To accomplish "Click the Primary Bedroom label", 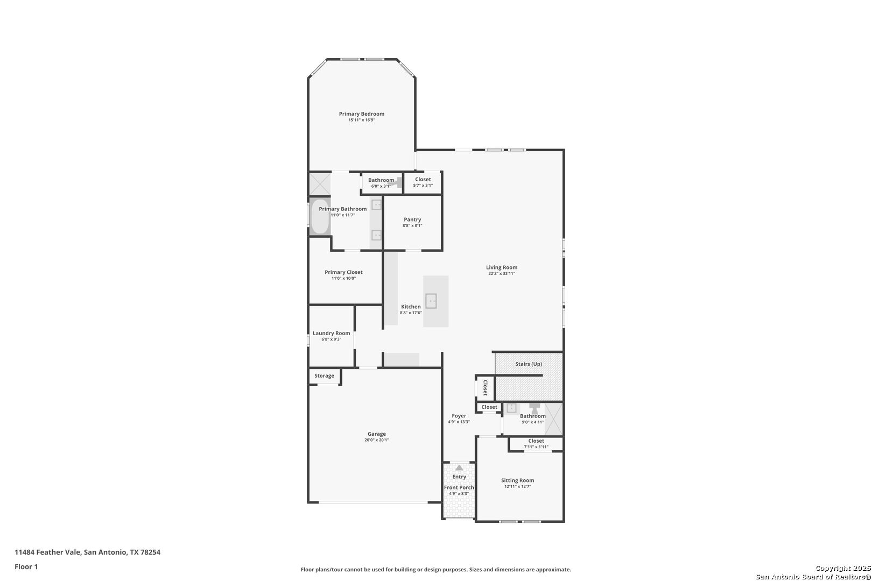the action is click(361, 114).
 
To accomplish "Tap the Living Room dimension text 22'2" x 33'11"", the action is click(502, 274).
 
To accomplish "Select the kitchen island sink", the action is click(431, 301).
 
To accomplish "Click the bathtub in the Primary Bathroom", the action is click(320, 217).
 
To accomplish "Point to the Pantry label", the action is click(412, 219).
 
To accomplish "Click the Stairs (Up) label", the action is click(528, 364).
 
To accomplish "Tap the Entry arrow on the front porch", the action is click(459, 467).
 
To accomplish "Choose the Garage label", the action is click(376, 434).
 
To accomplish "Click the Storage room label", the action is click(324, 375).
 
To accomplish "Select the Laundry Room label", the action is click(331, 333).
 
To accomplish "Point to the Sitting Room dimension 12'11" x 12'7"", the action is click(517, 486).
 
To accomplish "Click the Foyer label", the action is click(459, 416).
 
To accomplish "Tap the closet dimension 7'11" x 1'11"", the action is click(536, 447).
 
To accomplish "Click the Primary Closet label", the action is click(343, 272).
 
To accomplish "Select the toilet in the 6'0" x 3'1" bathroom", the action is click(397, 182).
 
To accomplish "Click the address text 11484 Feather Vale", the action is click(48, 552).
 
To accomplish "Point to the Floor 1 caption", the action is click(26, 566).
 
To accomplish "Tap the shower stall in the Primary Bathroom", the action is click(320, 184).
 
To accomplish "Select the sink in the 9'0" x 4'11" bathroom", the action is click(511, 408).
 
